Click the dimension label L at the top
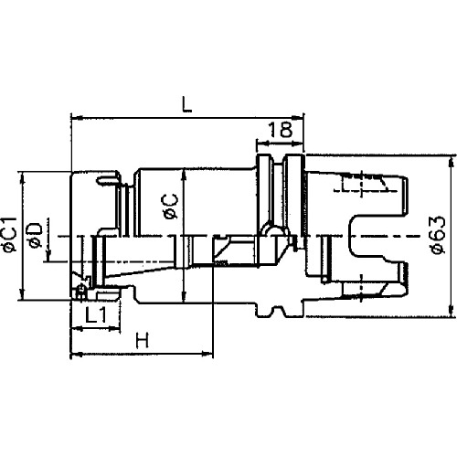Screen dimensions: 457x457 186,104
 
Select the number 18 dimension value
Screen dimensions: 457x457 281,130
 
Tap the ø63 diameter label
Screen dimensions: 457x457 439,235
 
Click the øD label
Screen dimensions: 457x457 35,236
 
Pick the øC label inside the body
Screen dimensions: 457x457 171,207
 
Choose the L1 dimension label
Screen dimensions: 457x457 96,315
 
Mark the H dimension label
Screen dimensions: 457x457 143,340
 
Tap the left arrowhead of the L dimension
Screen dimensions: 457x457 77,117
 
